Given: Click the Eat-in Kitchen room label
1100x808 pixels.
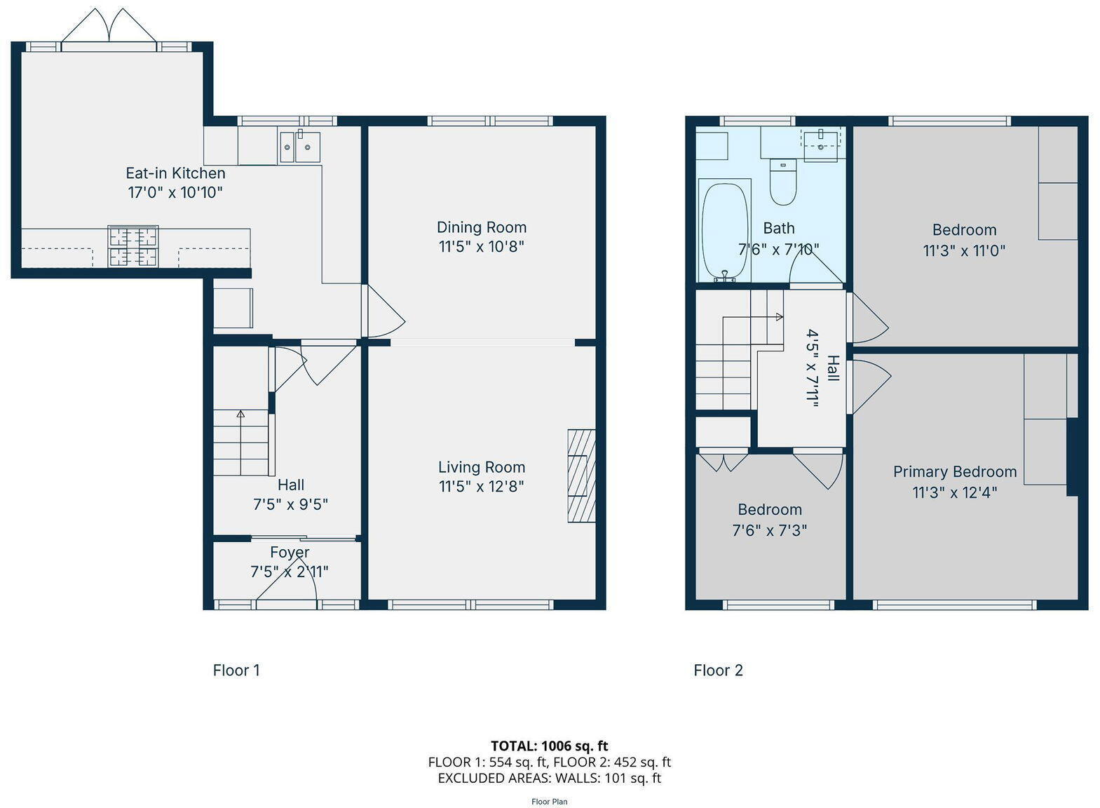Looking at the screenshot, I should pos(175,173).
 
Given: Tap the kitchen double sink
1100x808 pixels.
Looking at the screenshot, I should pos(299,147).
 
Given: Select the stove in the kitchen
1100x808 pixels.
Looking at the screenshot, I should pos(133,246).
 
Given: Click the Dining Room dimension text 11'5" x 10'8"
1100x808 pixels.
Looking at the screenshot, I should pos(482,247).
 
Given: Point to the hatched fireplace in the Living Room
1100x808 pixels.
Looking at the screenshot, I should pos(581,476).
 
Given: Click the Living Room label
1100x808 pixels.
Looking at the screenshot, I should pos(482,467).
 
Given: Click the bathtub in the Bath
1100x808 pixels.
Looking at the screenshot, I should pos(725,230).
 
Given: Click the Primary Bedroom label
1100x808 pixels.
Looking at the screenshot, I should pos(954,472).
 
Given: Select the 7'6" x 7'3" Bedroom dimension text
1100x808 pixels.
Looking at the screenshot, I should pos(770,530).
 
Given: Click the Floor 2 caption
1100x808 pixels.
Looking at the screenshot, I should pos(718,671).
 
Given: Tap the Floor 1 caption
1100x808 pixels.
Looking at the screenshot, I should pos(236,671).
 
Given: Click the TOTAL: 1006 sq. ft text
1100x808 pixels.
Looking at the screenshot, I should pos(549,746).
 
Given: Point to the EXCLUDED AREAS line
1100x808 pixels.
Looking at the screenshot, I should pos(549,778).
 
